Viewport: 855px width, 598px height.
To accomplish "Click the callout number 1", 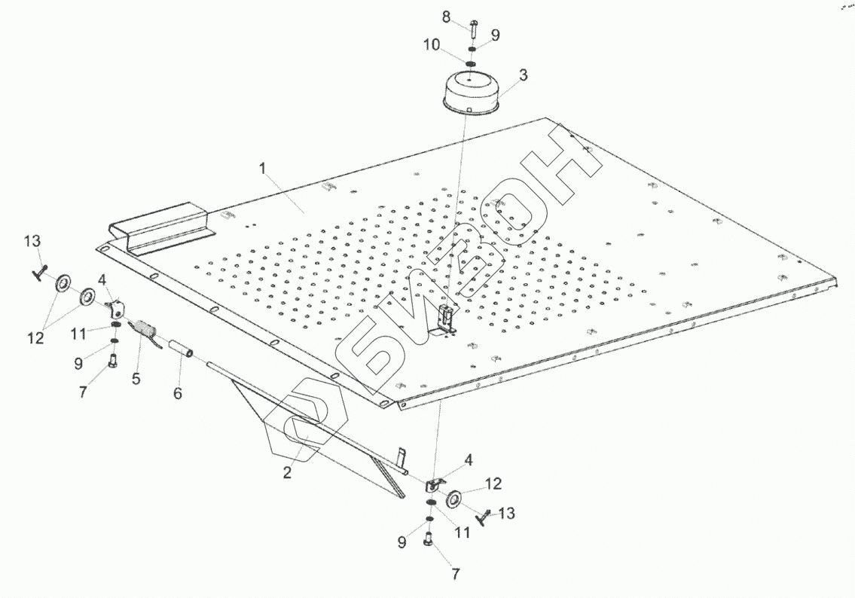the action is pyautogui.click(x=262, y=169).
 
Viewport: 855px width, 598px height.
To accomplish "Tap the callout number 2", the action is pyautogui.click(x=286, y=472).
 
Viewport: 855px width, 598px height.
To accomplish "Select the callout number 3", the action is pyautogui.click(x=523, y=75).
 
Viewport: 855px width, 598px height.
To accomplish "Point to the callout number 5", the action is pyautogui.click(x=136, y=379).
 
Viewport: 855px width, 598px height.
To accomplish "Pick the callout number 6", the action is pyautogui.click(x=178, y=393).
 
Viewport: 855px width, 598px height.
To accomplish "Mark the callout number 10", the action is pyautogui.click(x=432, y=45).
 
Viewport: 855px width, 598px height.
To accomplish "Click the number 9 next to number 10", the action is pyautogui.click(x=494, y=34).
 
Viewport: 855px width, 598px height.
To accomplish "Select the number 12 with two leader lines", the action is pyautogui.click(x=35, y=338).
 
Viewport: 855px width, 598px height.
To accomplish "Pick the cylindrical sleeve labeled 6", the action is pyautogui.click(x=184, y=350).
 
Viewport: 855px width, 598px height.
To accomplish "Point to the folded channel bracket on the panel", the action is pyautogui.click(x=162, y=224).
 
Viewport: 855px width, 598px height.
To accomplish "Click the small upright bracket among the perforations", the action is pyautogui.click(x=447, y=320).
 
